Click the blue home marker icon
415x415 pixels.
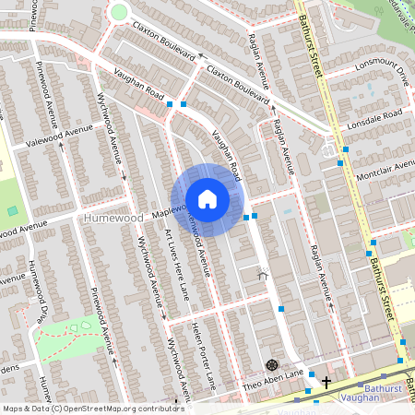(207, 199)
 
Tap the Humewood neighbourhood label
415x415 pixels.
(113, 219)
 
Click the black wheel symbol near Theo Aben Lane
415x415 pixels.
(271, 365)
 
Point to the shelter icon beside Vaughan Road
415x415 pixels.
(263, 273)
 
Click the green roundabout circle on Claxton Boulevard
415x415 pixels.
(118, 12)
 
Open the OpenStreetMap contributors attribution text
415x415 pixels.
(92, 408)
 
